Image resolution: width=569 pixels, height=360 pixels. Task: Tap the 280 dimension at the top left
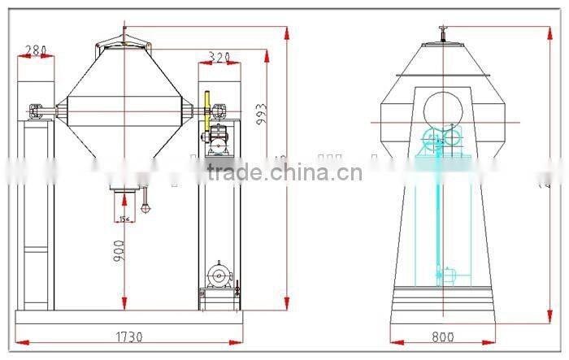click(x=34, y=50)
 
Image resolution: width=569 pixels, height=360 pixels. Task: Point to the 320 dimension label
click(x=219, y=57)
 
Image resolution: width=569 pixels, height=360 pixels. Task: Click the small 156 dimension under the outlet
click(x=124, y=218)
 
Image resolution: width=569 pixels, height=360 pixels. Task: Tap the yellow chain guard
click(x=208, y=110)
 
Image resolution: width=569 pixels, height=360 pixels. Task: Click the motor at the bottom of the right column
click(x=218, y=275)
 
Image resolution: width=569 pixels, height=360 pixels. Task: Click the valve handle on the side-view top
click(x=442, y=31)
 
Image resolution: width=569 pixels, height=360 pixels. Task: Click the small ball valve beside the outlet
click(x=146, y=206)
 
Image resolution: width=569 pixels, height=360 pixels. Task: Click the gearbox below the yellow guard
click(x=219, y=140)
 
